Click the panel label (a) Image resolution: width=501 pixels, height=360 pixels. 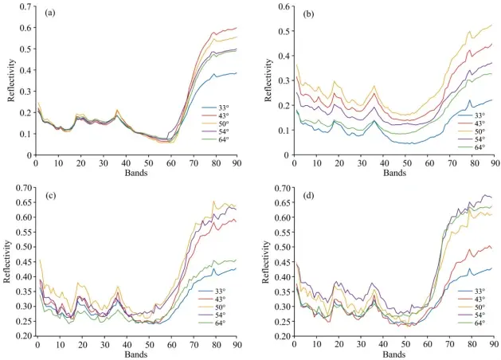[50, 14]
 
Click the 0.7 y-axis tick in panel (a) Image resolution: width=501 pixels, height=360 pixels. [27, 7]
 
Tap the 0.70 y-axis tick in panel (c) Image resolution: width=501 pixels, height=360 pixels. [24, 188]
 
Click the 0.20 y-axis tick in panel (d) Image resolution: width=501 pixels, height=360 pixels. [281, 335]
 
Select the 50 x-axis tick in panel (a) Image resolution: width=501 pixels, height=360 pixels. [148, 164]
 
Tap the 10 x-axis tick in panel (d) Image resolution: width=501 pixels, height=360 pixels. [316, 344]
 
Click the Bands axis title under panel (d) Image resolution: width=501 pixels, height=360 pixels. [394, 353]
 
